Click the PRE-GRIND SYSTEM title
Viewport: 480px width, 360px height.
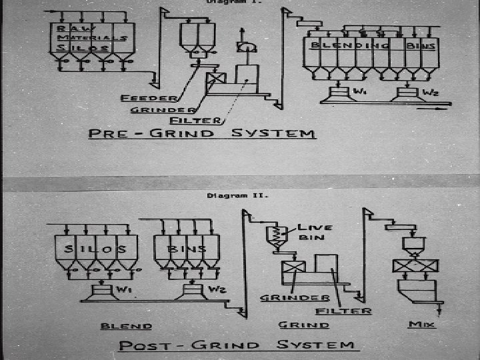[202, 133]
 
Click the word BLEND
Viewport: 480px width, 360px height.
[126, 327]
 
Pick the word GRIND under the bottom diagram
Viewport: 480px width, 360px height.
[303, 325]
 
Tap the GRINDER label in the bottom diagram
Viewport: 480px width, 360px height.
[295, 297]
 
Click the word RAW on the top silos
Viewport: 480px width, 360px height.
[69, 29]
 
